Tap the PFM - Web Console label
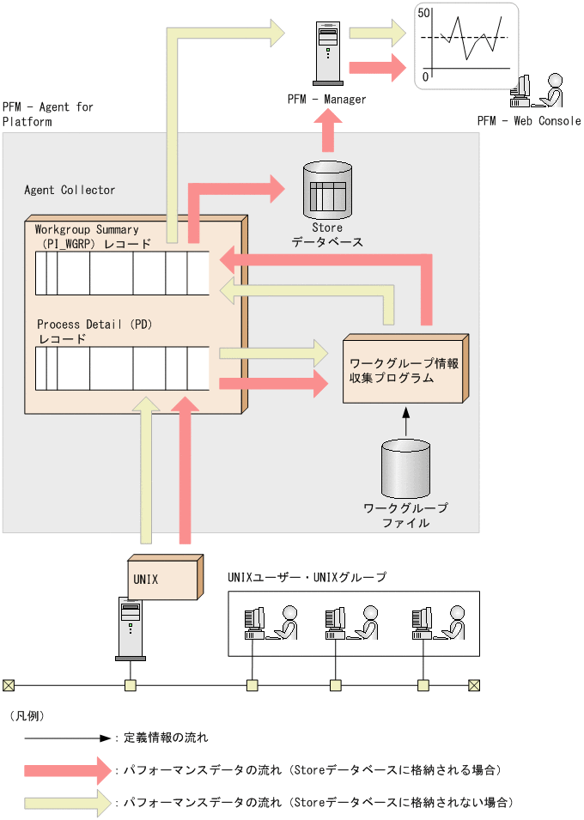(529, 121)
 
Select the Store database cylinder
(328, 188)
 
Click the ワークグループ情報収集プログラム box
(404, 369)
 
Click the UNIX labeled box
(163, 579)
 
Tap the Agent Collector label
(70, 190)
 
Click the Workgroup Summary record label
(87, 237)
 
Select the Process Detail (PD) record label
(94, 331)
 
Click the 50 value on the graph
(423, 13)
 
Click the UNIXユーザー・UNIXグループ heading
(307, 577)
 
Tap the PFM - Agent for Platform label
(48, 114)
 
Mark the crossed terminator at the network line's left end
(9, 685)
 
